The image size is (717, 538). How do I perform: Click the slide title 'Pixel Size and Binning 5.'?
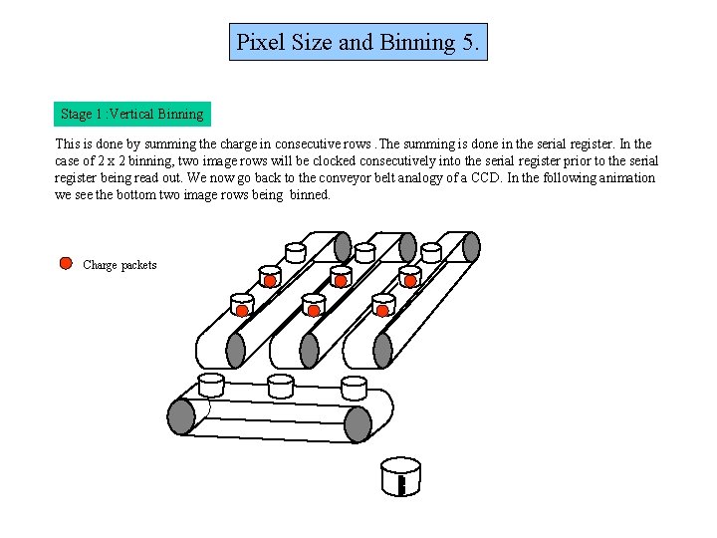[358, 43]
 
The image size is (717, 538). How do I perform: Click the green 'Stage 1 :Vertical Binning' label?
[131, 114]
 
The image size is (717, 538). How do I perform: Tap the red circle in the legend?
[66, 264]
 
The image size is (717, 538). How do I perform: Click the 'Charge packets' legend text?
[119, 265]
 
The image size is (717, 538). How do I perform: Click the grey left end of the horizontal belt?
[182, 416]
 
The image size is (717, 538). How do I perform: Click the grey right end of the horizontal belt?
[358, 423]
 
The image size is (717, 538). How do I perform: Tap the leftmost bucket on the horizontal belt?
[212, 384]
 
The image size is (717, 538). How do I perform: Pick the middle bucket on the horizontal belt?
[281, 384]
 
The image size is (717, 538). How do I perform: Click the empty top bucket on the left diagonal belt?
[296, 253]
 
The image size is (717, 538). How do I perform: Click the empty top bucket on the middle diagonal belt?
[365, 253]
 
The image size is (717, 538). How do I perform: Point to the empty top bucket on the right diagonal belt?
[432, 253]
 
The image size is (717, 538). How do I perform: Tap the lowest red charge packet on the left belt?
[242, 312]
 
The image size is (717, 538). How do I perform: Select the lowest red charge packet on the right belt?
[382, 311]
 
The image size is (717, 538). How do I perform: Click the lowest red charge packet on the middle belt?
[314, 312]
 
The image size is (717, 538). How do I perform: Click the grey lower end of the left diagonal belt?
[236, 350]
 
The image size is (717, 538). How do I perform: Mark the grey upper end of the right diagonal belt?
[471, 247]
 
